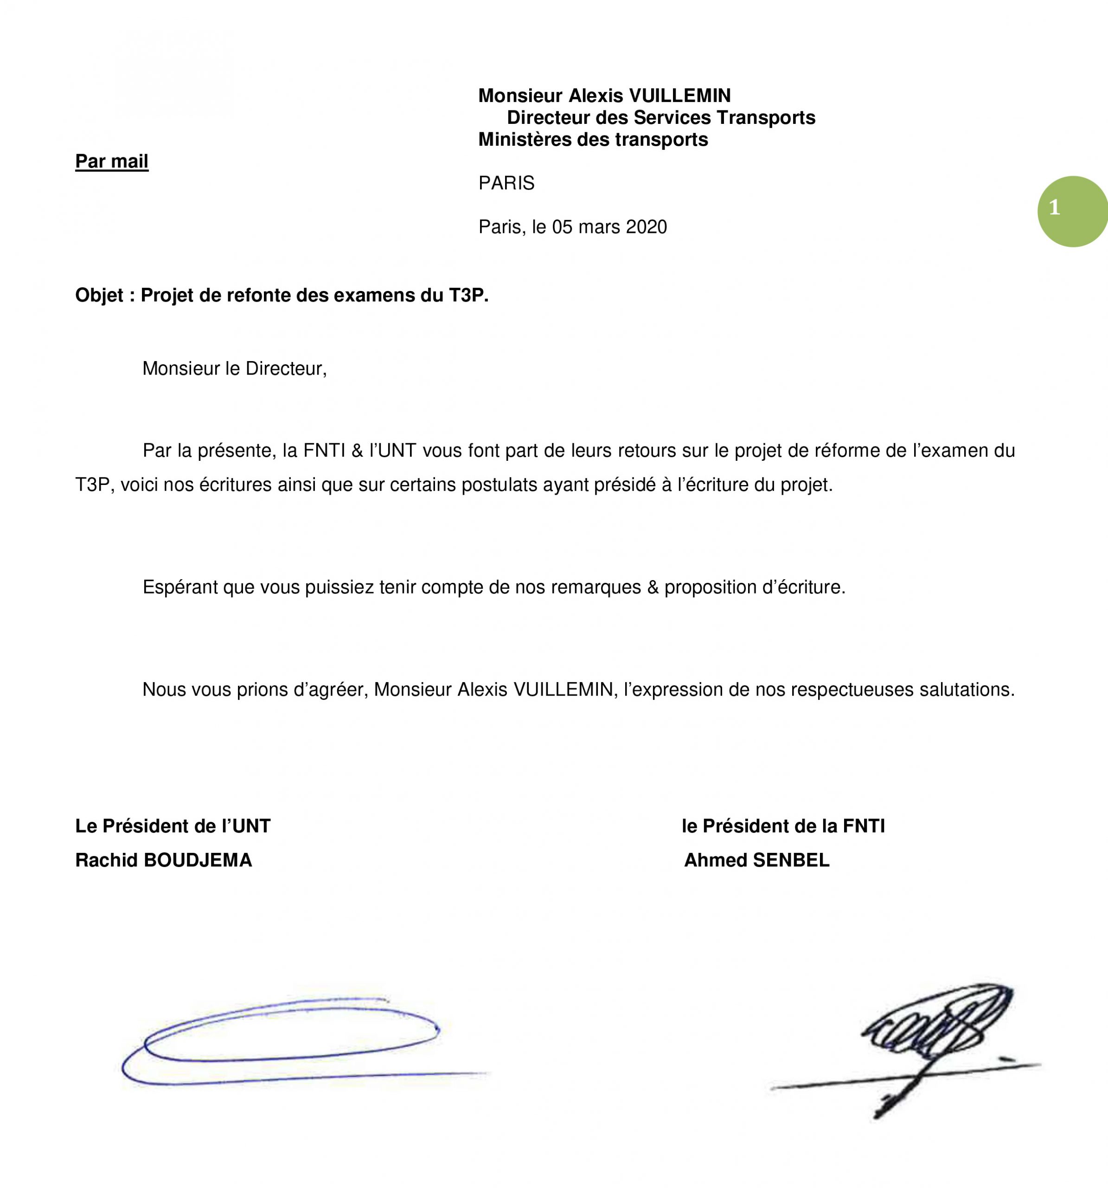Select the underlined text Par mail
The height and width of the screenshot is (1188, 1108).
pos(112,161)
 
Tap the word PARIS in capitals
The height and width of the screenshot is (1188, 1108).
pos(506,183)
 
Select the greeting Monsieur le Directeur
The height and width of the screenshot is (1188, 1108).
pos(234,369)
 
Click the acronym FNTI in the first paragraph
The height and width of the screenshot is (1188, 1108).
pos(324,451)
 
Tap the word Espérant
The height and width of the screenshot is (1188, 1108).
pos(180,588)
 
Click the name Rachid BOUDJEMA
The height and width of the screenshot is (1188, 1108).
pos(163,860)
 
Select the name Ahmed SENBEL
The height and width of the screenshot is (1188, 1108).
pos(756,860)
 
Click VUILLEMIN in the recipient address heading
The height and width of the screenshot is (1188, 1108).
pos(680,96)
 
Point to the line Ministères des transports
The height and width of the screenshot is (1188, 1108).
pos(593,140)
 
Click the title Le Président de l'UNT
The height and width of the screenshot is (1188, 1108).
pos(173,826)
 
